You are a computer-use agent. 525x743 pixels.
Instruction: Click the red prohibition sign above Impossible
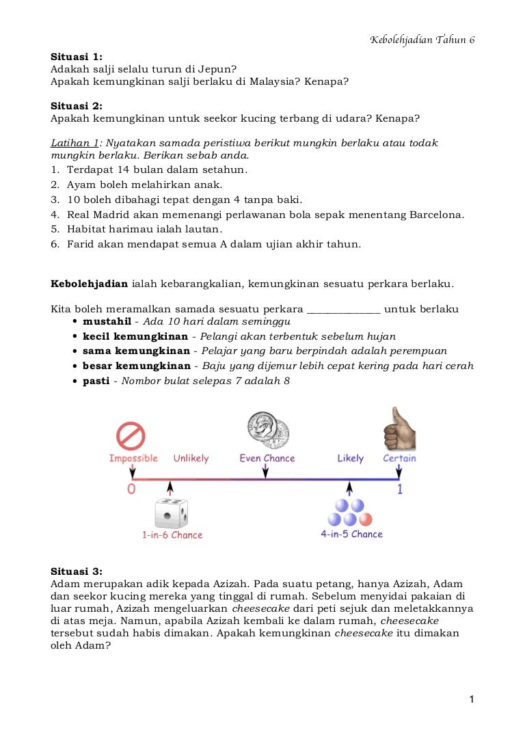[x=131, y=436]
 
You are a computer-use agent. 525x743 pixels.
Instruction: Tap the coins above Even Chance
[x=267, y=429]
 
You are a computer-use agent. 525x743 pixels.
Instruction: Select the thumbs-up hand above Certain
[x=400, y=429]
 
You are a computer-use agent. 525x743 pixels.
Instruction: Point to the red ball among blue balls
[x=366, y=519]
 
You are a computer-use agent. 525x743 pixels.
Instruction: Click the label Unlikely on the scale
[x=191, y=458]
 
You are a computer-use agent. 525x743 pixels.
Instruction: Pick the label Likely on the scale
[x=350, y=458]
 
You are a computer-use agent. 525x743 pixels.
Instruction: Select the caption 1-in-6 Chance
[x=172, y=535]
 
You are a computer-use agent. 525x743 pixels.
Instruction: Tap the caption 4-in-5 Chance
[x=351, y=534]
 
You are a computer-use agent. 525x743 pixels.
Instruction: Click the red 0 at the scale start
[x=131, y=489]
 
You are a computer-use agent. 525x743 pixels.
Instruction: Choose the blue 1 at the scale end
[x=400, y=489]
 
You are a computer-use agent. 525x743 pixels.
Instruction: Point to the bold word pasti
[x=96, y=381]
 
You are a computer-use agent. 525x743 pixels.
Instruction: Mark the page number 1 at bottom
[x=472, y=699]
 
